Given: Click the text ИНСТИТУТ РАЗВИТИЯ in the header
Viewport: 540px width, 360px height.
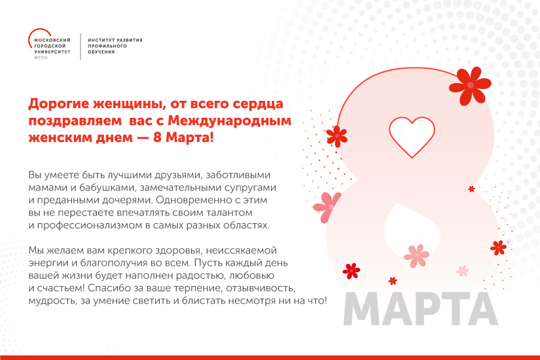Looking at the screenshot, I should point(115,40).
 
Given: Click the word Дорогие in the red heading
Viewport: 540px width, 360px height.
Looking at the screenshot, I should point(56,103).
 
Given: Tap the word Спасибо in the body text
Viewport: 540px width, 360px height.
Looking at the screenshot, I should point(105,287).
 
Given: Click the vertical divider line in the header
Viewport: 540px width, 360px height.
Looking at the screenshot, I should point(81,46).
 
